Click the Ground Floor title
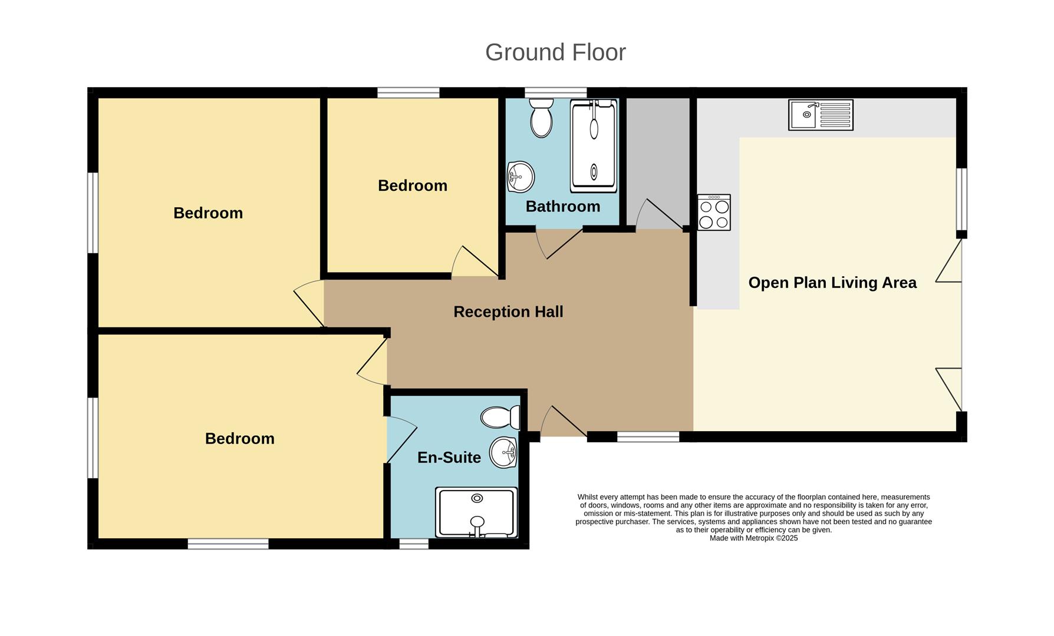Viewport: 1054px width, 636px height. [x=555, y=52]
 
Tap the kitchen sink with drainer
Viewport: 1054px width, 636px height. [x=821, y=115]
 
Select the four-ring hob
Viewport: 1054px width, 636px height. [x=714, y=213]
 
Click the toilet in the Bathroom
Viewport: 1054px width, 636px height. [x=541, y=118]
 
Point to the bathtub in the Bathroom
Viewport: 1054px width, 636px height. [x=594, y=146]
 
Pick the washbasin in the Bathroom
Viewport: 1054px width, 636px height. [x=520, y=177]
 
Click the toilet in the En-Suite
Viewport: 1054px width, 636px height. [x=500, y=418]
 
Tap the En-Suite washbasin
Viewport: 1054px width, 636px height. [x=503, y=452]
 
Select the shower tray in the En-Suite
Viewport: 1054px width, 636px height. [x=476, y=512]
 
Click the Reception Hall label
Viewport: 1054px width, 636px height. [x=508, y=312]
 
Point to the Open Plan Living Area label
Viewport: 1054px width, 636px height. [x=832, y=283]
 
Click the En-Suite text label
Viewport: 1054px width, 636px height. [x=449, y=458]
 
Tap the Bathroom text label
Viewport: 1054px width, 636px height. [x=563, y=207]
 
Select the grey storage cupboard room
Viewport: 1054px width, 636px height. [x=657, y=153]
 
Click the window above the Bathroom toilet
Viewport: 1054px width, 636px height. [x=555, y=92]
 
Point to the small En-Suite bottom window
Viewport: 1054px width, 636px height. [x=414, y=544]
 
